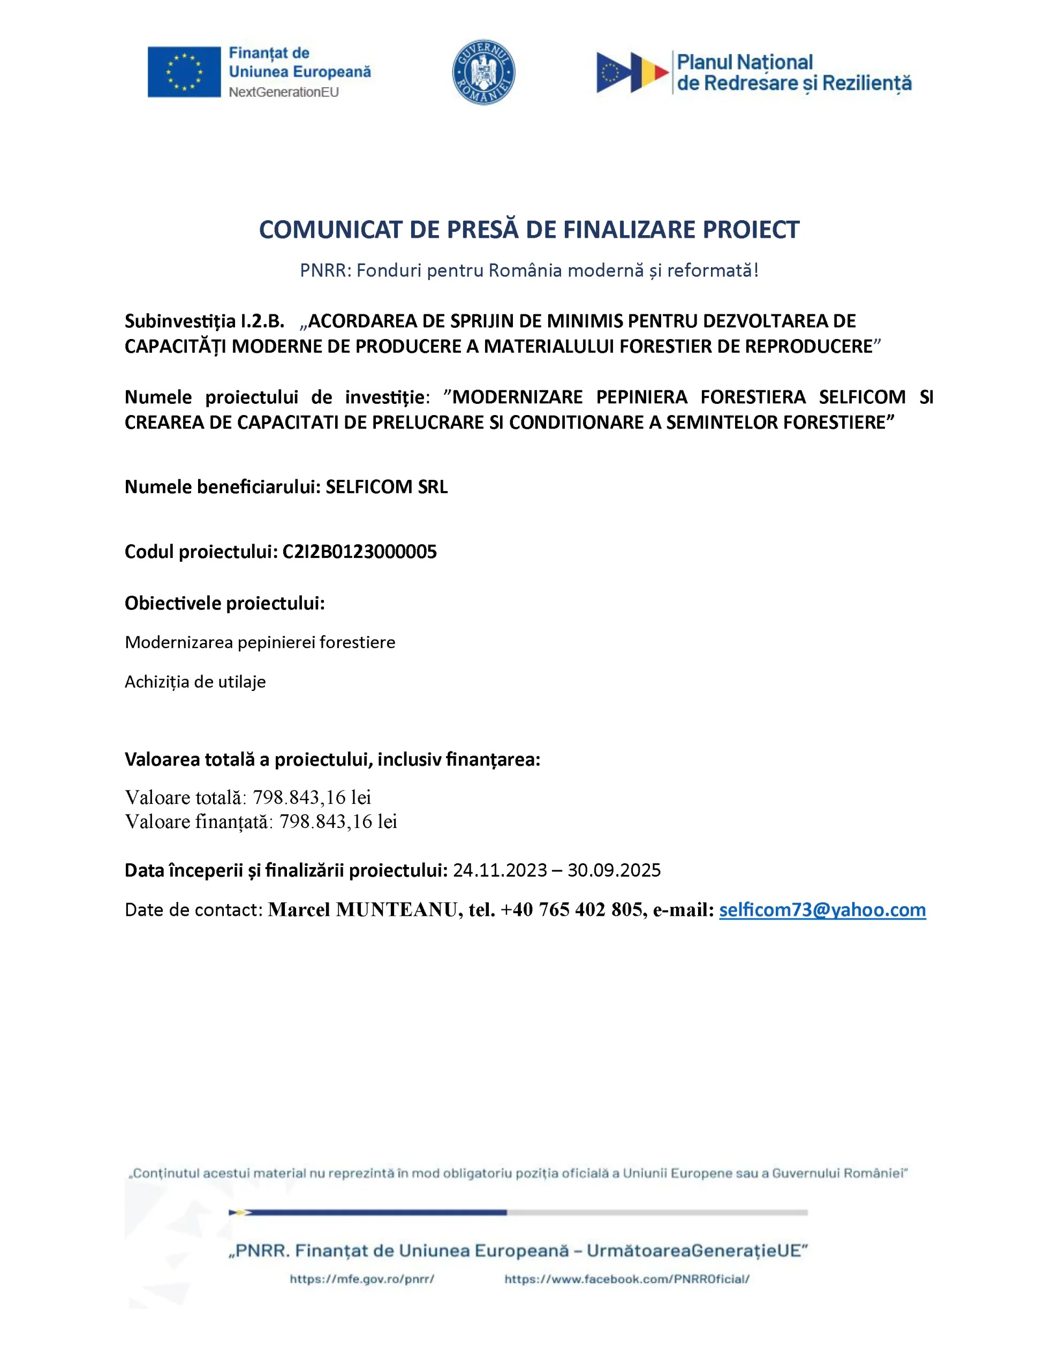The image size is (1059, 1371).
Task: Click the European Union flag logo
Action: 184,72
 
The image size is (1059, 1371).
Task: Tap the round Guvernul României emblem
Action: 483,72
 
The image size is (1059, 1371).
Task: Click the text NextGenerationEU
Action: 284,92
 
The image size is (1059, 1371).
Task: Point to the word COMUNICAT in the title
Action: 331,230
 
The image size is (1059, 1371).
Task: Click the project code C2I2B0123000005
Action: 359,552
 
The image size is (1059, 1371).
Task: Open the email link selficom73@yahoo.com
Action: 822,909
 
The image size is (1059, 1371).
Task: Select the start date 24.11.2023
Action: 500,870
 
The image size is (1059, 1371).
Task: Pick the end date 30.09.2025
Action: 614,870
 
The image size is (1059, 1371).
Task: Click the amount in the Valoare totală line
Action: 312,797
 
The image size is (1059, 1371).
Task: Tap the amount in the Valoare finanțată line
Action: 338,822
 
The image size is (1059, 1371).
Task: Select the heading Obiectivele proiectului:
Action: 225,603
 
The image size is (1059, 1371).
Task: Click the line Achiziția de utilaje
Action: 195,682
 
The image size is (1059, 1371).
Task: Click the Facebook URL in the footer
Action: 626,1279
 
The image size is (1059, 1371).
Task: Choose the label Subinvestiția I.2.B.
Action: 204,321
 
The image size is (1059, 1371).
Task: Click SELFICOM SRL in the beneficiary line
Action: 386,487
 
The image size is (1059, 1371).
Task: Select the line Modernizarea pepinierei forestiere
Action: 260,642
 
